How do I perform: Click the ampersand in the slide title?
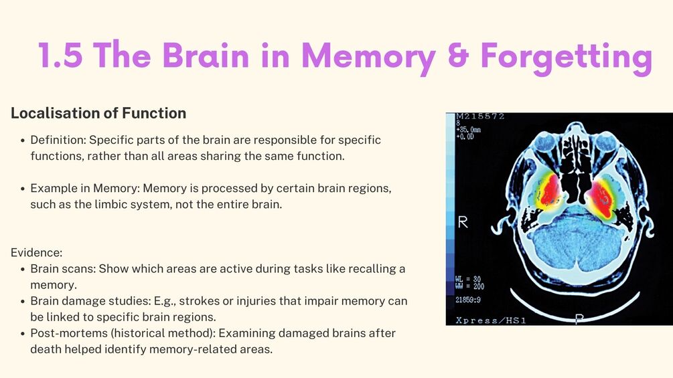[459, 55]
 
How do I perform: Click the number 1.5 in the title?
[60, 55]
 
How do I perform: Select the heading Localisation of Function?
[98, 113]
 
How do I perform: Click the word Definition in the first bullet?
[58, 140]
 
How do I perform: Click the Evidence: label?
[36, 252]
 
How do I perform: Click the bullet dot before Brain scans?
[23, 270]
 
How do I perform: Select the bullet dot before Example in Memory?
[23, 189]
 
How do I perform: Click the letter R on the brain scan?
[463, 222]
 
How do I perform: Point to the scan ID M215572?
[480, 116]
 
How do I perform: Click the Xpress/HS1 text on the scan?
[491, 320]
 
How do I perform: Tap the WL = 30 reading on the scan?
[468, 280]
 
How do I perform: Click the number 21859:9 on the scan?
[468, 300]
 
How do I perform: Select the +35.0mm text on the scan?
[468, 129]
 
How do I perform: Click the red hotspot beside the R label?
[549, 191]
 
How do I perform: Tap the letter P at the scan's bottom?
[579, 318]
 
